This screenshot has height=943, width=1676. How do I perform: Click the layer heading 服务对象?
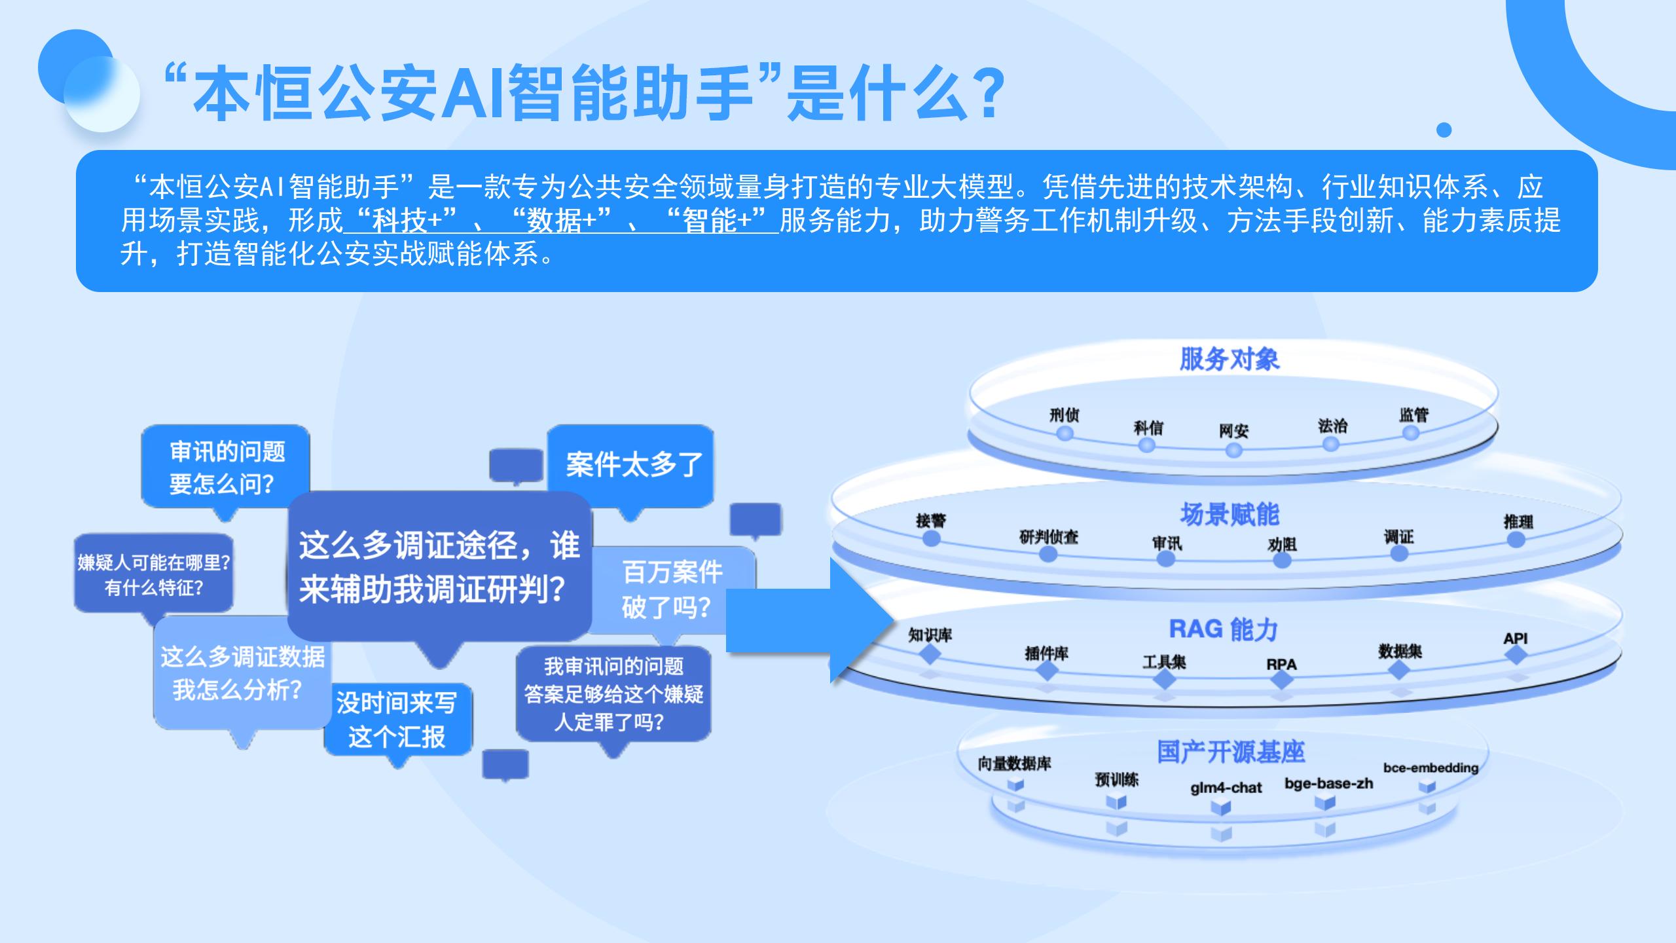click(x=1229, y=359)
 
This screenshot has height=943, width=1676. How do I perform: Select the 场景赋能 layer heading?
click(x=1229, y=515)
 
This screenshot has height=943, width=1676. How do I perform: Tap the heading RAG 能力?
click(x=1224, y=629)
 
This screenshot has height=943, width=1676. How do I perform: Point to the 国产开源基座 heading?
click(x=1230, y=752)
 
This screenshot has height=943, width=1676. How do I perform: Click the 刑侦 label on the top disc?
click(x=1064, y=415)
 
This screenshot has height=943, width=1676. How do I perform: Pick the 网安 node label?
click(x=1233, y=431)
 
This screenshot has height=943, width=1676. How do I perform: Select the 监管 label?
click(x=1413, y=415)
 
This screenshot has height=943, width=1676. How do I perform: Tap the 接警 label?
click(x=930, y=521)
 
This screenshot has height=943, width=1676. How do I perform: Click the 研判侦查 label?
click(x=1048, y=538)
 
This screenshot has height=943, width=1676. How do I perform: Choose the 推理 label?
click(x=1518, y=522)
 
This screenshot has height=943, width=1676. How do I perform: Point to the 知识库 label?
click(x=930, y=635)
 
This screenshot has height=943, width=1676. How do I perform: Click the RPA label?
click(x=1281, y=664)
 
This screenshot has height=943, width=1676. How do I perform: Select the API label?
click(x=1515, y=638)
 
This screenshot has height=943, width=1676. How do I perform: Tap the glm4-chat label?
click(x=1226, y=788)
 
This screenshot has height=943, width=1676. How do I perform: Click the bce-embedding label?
click(x=1430, y=767)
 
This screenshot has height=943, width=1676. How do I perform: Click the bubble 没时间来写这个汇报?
click(x=397, y=720)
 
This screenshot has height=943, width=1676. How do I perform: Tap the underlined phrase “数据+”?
click(x=561, y=221)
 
